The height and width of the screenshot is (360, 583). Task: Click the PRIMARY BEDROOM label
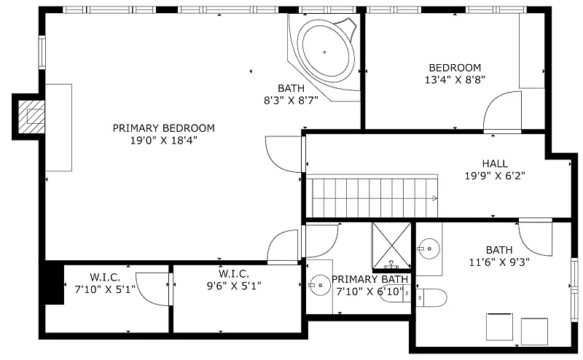pyautogui.click(x=163, y=128)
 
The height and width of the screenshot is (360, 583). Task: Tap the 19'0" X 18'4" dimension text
pyautogui.click(x=163, y=141)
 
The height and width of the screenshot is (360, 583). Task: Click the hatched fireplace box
pyautogui.click(x=31, y=117)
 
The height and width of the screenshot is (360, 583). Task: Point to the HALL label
pyautogui.click(x=495, y=164)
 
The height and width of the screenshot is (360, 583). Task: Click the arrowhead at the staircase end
pyautogui.click(x=434, y=199)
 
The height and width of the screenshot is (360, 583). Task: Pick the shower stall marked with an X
pyautogui.click(x=392, y=245)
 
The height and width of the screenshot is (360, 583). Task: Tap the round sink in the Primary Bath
pyautogui.click(x=320, y=285)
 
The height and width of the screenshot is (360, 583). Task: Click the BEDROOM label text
pyautogui.click(x=455, y=68)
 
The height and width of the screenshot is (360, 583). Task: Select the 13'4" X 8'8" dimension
pyautogui.click(x=455, y=80)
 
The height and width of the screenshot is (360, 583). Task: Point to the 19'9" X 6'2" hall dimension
pyautogui.click(x=495, y=176)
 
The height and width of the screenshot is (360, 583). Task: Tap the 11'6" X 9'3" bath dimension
pyautogui.click(x=499, y=262)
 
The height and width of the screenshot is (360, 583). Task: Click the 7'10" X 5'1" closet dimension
pyautogui.click(x=105, y=289)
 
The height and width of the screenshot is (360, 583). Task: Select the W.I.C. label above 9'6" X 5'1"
pyautogui.click(x=233, y=274)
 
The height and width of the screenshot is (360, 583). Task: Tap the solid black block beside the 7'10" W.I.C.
pyautogui.click(x=54, y=283)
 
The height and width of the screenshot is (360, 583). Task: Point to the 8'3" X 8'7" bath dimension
pyautogui.click(x=291, y=101)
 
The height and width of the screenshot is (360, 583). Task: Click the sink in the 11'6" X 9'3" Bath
pyautogui.click(x=429, y=249)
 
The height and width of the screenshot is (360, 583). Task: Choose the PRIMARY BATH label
pyautogui.click(x=369, y=279)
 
